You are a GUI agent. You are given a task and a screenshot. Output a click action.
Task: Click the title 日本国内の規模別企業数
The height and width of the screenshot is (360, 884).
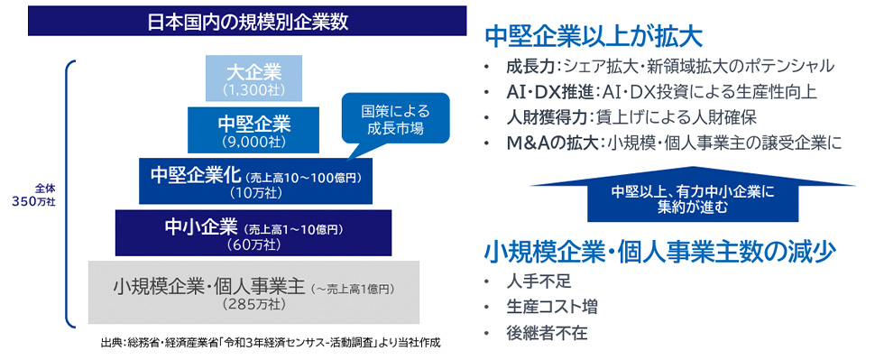tap(247, 22)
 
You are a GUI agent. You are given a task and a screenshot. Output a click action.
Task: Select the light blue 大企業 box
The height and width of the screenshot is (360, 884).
tap(253, 78)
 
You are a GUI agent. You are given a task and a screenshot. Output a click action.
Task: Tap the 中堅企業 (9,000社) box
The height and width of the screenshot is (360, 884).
tap(253, 130)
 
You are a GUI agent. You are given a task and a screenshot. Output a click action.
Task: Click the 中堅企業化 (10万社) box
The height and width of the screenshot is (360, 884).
tap(255, 180)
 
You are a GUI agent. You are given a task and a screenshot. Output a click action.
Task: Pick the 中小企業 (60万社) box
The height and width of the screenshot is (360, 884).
tap(253, 233)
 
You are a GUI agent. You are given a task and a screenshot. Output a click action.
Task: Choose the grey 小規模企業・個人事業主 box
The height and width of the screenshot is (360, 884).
tap(253, 292)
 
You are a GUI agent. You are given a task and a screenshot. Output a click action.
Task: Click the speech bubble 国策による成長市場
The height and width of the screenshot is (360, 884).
tap(395, 120)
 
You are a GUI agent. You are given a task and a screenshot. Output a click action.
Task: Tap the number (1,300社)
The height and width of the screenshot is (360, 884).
tap(253, 89)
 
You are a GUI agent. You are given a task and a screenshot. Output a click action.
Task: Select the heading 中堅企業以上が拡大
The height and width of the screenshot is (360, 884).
tap(594, 37)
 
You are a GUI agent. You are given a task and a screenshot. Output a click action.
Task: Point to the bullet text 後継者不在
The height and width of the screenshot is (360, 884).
tap(547, 333)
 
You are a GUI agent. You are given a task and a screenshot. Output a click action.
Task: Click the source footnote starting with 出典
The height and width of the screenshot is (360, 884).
tap(271, 342)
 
